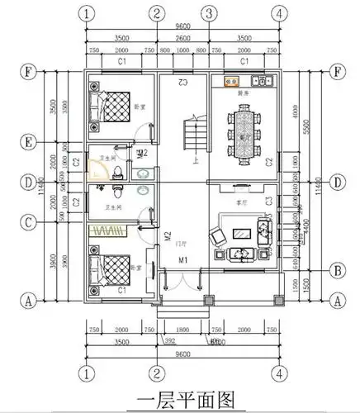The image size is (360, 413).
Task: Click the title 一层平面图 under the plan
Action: pos(180,397)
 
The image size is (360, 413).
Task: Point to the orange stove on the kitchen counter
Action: pos(230,82)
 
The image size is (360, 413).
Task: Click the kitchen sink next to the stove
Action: pos(264,82)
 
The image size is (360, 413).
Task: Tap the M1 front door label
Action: pos(184,262)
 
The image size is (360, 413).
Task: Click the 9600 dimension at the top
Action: pos(183,27)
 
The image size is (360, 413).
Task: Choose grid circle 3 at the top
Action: pos(210,12)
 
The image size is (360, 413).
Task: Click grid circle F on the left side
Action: pos(30,70)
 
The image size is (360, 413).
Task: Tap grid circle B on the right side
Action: pos(337,270)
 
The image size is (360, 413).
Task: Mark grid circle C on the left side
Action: pos(30,221)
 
